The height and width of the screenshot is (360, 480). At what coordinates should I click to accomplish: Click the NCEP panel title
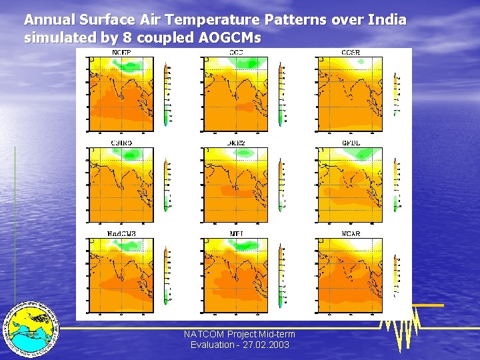tap(121, 53)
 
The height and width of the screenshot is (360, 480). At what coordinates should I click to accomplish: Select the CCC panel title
tap(236, 53)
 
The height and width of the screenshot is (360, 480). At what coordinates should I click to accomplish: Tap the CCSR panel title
tap(350, 53)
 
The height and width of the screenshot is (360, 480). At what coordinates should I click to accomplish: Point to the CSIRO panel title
tap(121, 143)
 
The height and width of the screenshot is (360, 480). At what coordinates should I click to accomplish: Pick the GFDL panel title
tap(350, 143)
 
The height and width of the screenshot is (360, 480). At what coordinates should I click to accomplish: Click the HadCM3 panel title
tap(121, 234)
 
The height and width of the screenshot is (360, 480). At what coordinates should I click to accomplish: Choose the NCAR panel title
tap(350, 234)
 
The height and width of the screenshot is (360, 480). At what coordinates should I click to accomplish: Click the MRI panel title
tap(236, 234)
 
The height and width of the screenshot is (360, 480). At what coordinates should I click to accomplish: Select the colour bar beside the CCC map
tap(281, 94)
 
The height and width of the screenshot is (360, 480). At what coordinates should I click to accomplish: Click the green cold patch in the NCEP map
tap(127, 65)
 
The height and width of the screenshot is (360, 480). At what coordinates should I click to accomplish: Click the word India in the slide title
tap(387, 20)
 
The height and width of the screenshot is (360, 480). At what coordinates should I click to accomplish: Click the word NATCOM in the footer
tap(204, 334)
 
